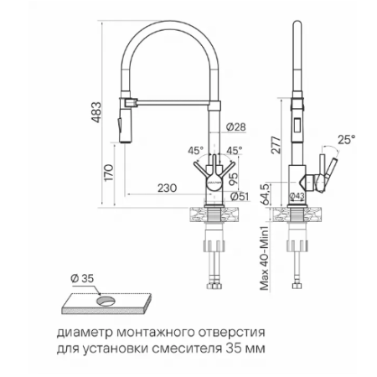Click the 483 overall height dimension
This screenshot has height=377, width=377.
[x=96, y=112]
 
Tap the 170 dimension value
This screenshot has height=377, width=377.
[x=109, y=173]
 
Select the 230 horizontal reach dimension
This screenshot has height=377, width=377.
[x=167, y=188]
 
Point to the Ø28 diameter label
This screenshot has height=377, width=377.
[x=236, y=127]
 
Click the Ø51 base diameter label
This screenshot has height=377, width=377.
[x=240, y=197]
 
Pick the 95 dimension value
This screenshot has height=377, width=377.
[x=233, y=178]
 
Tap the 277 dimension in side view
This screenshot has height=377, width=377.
[x=276, y=145]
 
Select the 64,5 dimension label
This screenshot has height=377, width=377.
[x=266, y=194]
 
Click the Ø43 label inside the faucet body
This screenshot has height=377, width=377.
[x=297, y=196]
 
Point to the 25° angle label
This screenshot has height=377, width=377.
[x=346, y=139]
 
